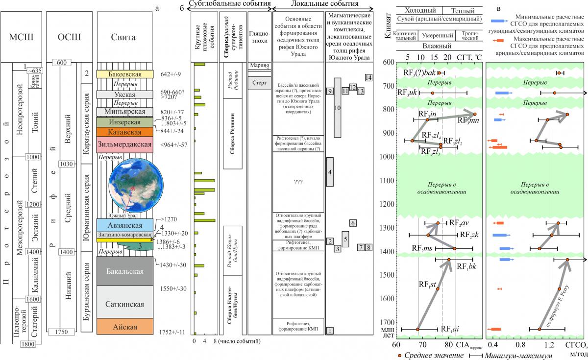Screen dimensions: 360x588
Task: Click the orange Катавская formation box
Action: click(125, 132)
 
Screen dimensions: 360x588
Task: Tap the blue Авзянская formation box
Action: click(125, 225)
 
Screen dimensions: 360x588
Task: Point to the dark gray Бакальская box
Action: click(125, 271)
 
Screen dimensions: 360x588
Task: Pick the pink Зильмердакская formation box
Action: click(125, 145)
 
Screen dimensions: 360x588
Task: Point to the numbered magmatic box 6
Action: click(353, 223)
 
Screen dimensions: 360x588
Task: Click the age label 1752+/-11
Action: click(173, 332)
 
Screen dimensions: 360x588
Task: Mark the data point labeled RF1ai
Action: click(418, 329)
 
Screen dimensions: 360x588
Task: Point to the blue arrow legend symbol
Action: click(499, 21)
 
